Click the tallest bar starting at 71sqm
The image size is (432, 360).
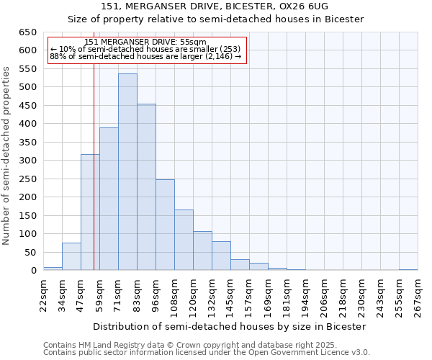pyautogui.click(x=127, y=172)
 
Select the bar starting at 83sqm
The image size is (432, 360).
pyautogui.click(x=146, y=187)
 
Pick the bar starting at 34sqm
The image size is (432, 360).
pyautogui.click(x=71, y=256)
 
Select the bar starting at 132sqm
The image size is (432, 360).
pyautogui.click(x=221, y=256)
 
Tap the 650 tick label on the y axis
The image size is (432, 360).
pyautogui.click(x=27, y=32)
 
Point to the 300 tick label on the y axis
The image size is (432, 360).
pyautogui.click(x=27, y=161)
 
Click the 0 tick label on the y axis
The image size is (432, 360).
pyautogui.click(x=33, y=271)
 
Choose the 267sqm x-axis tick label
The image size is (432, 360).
pyautogui.click(x=418, y=296)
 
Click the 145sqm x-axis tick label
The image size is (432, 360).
pyautogui.click(x=230, y=296)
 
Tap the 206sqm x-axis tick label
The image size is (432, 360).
pyautogui.click(x=324, y=296)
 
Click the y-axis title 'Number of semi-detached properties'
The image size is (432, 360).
pyautogui.click(x=7, y=156)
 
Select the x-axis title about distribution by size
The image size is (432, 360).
pyautogui.click(x=230, y=326)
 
